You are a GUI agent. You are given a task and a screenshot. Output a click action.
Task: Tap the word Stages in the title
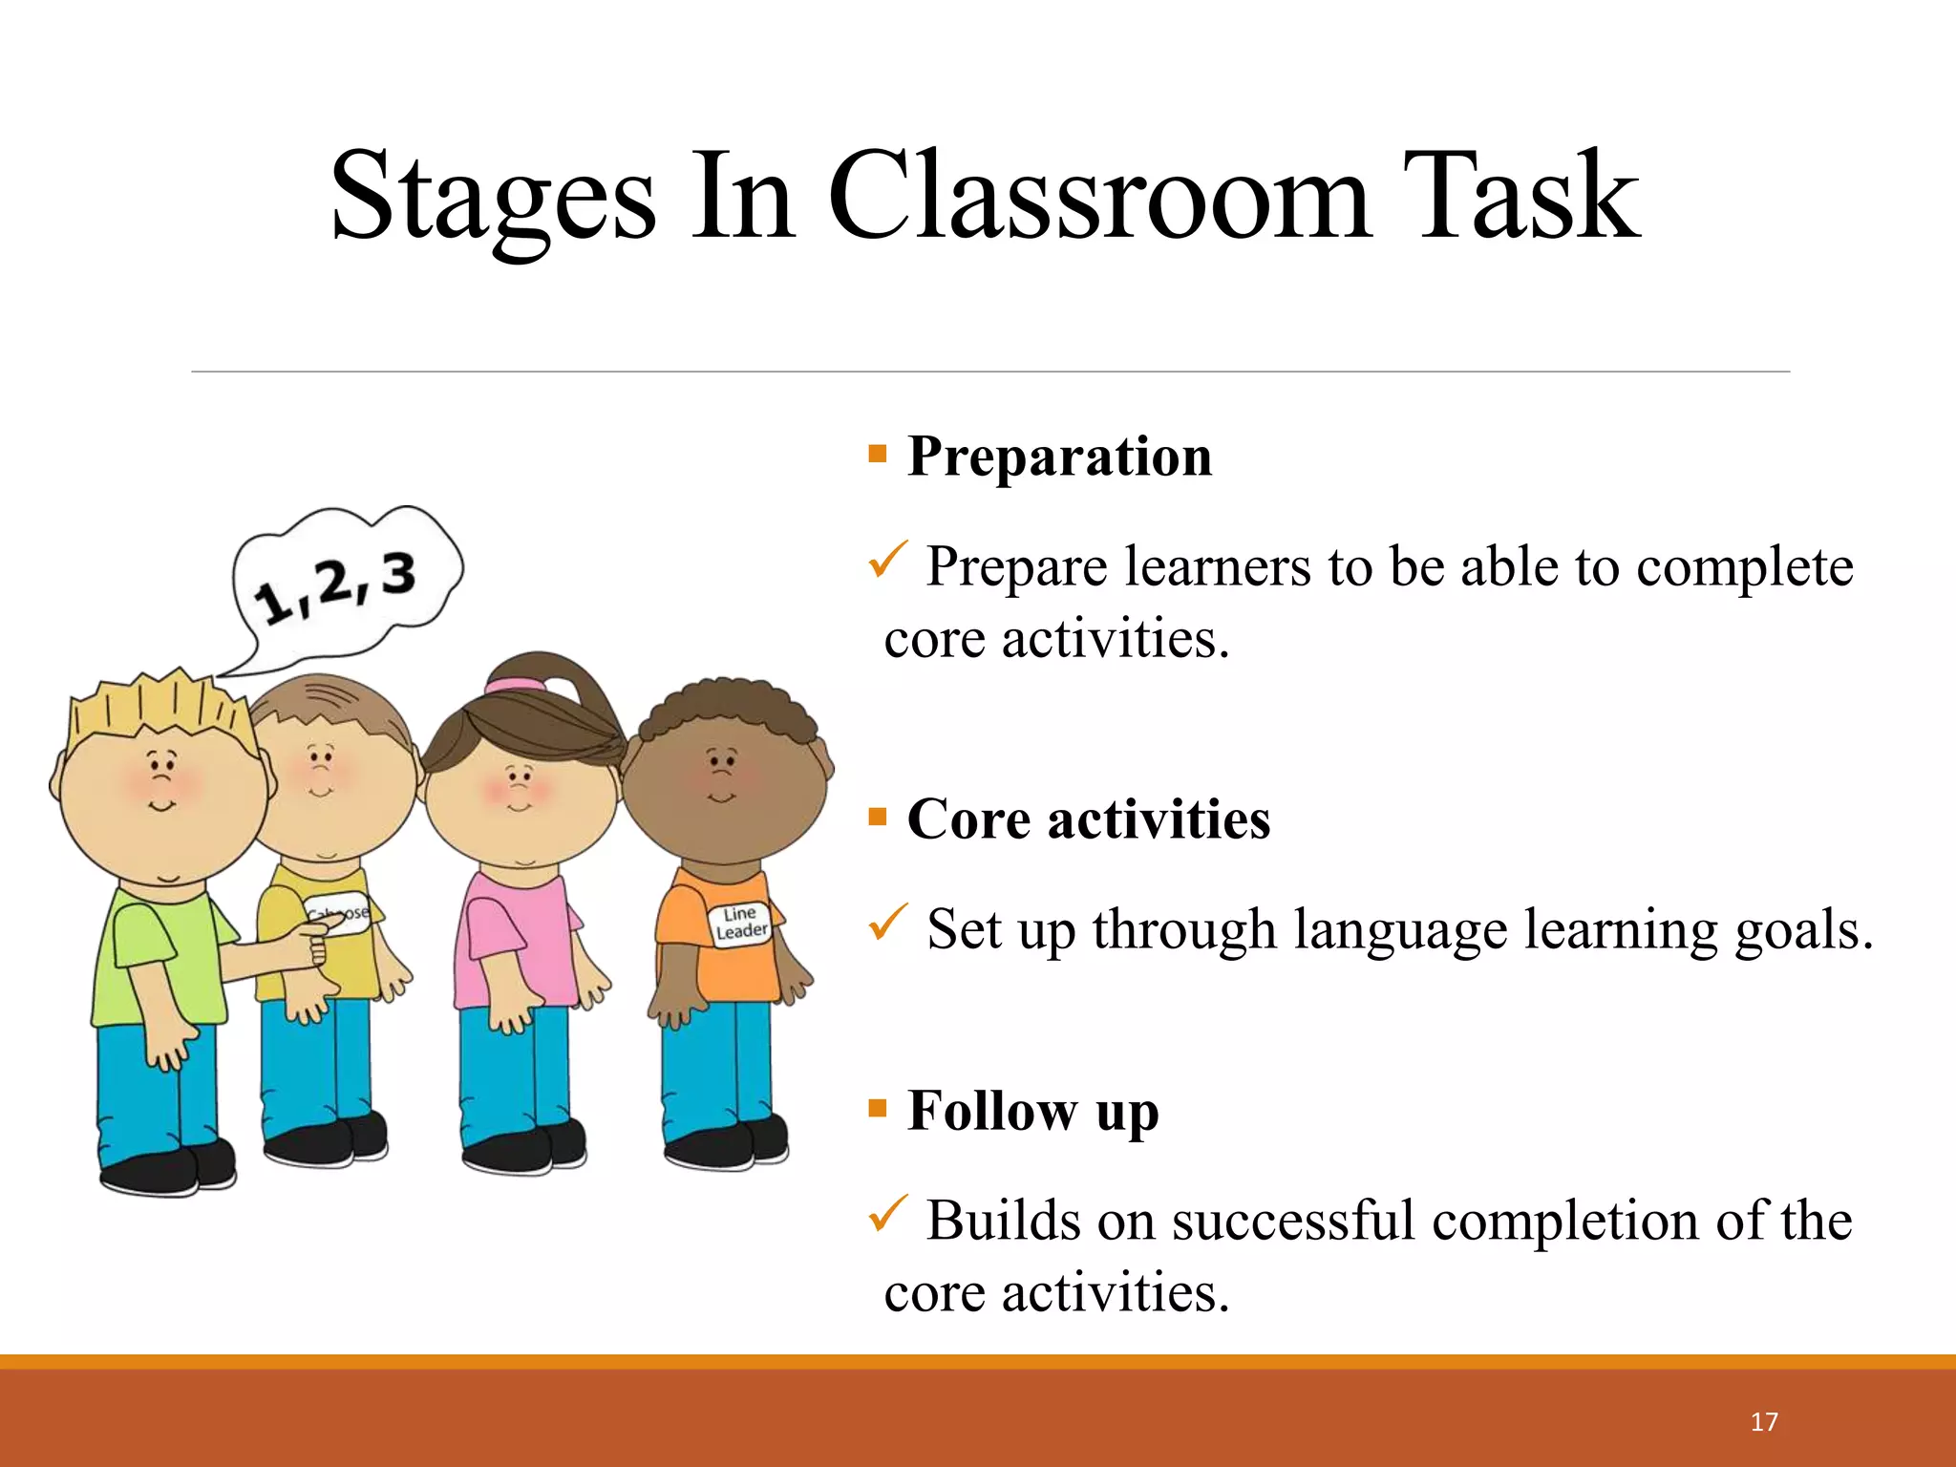tap(493, 199)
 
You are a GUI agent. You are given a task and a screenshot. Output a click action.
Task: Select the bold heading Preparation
tap(1059, 456)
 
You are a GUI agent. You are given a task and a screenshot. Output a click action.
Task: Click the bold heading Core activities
tap(1088, 819)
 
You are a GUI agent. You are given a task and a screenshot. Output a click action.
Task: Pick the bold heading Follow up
tap(1032, 1111)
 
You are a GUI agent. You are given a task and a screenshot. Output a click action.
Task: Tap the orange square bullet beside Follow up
tap(878, 1108)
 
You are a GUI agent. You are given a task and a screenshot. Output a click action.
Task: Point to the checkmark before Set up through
tap(887, 923)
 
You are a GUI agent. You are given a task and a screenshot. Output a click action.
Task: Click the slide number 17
tap(1764, 1422)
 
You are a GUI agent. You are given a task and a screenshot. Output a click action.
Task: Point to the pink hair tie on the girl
tap(514, 685)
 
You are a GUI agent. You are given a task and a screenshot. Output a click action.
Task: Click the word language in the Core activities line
tap(1399, 929)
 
